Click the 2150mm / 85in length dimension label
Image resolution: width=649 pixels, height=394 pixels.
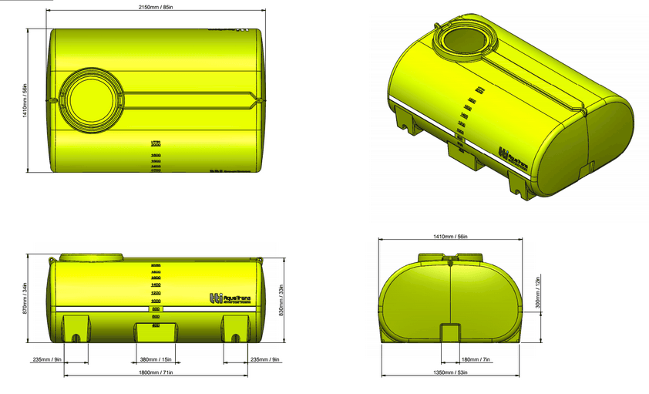(155, 7)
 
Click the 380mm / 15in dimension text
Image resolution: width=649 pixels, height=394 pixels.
(156, 359)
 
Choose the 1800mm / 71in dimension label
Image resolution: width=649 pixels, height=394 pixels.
(156, 373)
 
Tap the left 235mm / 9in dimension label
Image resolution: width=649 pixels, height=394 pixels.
(45, 359)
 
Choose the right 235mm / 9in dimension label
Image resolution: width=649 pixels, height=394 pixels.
(267, 359)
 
